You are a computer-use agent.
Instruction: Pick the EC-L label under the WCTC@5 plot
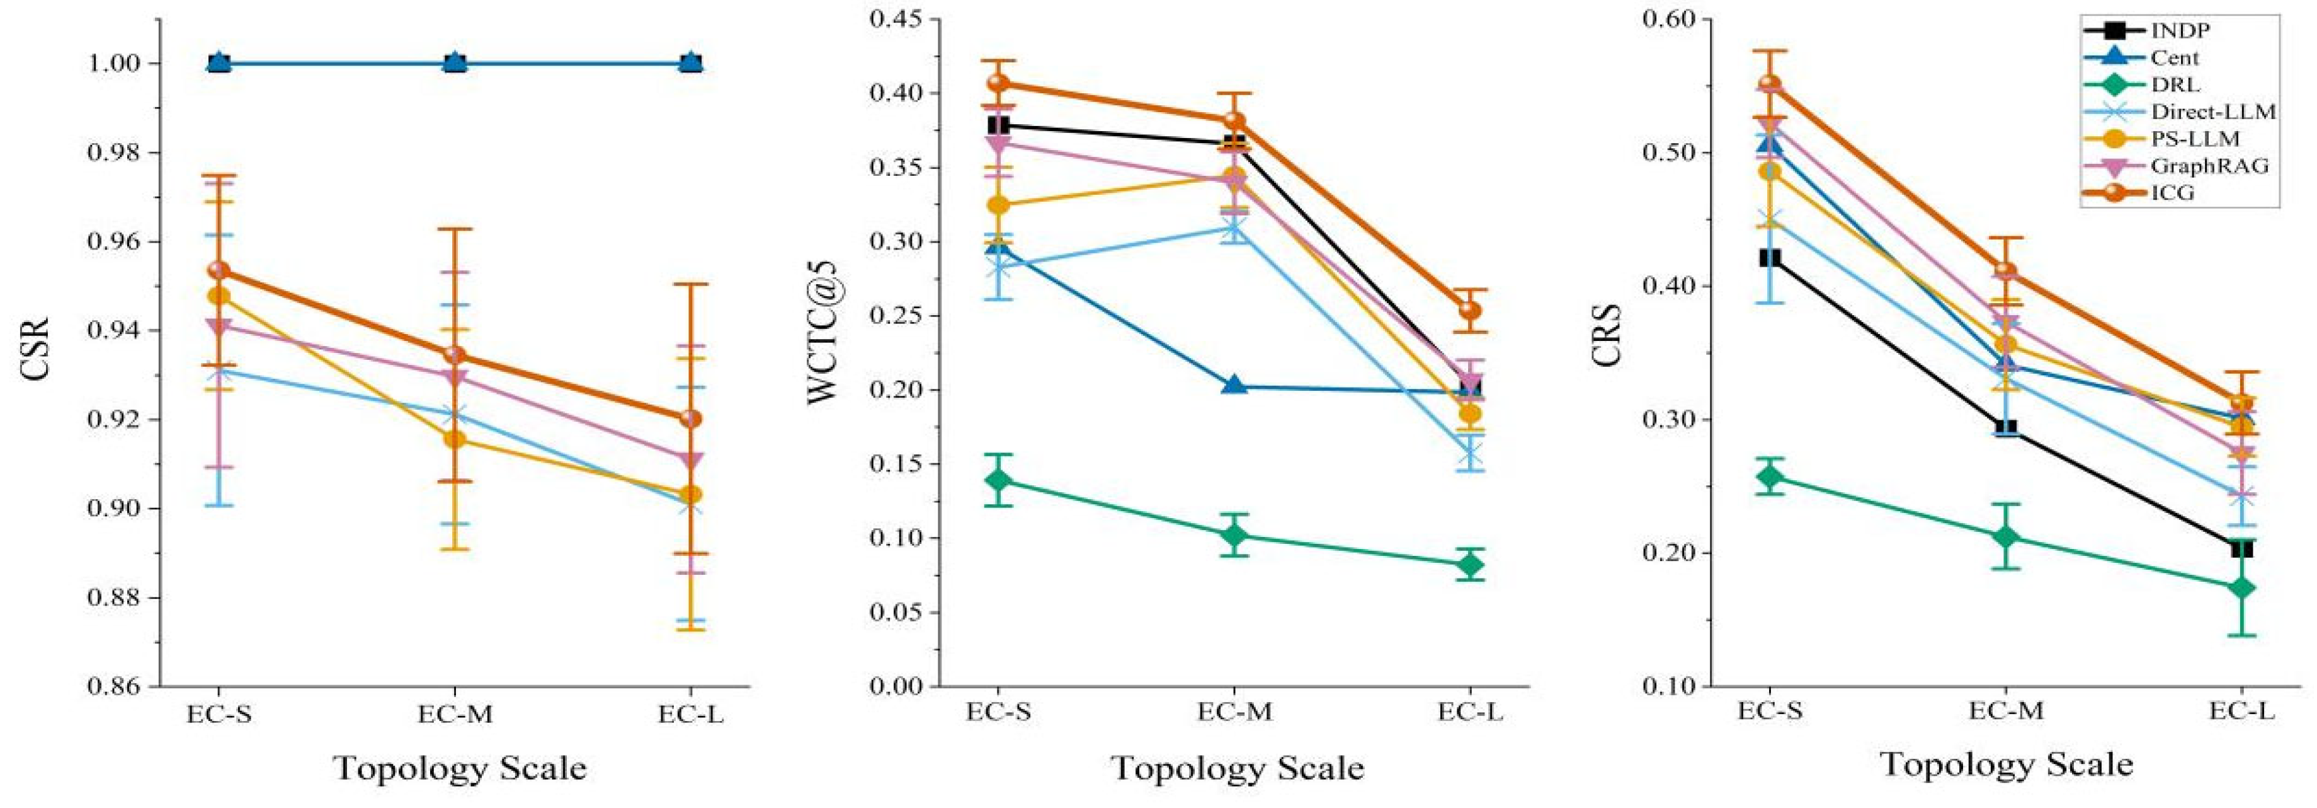(x=1471, y=712)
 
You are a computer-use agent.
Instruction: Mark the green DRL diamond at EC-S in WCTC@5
(x=998, y=480)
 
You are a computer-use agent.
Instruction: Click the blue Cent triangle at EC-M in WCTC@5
(x=1235, y=386)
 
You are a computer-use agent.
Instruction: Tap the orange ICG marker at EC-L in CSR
(x=691, y=418)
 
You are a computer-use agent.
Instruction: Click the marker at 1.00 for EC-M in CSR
(x=455, y=62)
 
